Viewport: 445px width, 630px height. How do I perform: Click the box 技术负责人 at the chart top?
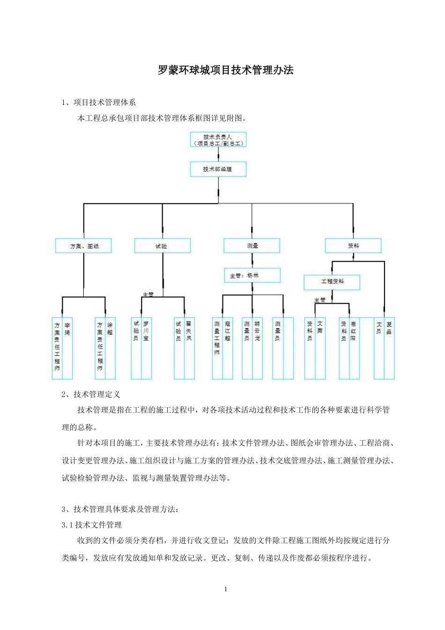[218, 140]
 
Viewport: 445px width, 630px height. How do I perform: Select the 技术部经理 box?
[218, 169]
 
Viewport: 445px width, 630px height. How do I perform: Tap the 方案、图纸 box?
[83, 246]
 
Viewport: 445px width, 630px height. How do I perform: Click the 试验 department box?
[162, 246]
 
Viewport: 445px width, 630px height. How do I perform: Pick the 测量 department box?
[252, 246]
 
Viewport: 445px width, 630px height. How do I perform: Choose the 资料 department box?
[353, 245]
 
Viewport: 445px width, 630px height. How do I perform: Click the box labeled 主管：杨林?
[252, 276]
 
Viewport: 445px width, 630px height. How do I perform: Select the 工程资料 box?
[332, 282]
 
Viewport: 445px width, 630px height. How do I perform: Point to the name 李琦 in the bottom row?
[67, 328]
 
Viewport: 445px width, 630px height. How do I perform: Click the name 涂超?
[110, 328]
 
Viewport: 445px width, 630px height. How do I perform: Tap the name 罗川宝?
[146, 331]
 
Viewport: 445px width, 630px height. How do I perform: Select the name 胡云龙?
[257, 331]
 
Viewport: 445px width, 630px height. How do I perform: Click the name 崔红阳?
[354, 331]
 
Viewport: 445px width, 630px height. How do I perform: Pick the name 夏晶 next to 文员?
[389, 328]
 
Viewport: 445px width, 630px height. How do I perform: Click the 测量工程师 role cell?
[217, 337]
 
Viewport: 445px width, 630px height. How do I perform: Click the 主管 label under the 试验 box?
[148, 294]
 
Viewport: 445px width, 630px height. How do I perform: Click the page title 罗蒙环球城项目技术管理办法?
[225, 70]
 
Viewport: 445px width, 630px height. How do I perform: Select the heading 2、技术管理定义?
[91, 394]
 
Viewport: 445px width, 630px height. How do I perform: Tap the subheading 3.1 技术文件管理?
[91, 525]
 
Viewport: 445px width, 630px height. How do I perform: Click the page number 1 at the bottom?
[225, 589]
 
